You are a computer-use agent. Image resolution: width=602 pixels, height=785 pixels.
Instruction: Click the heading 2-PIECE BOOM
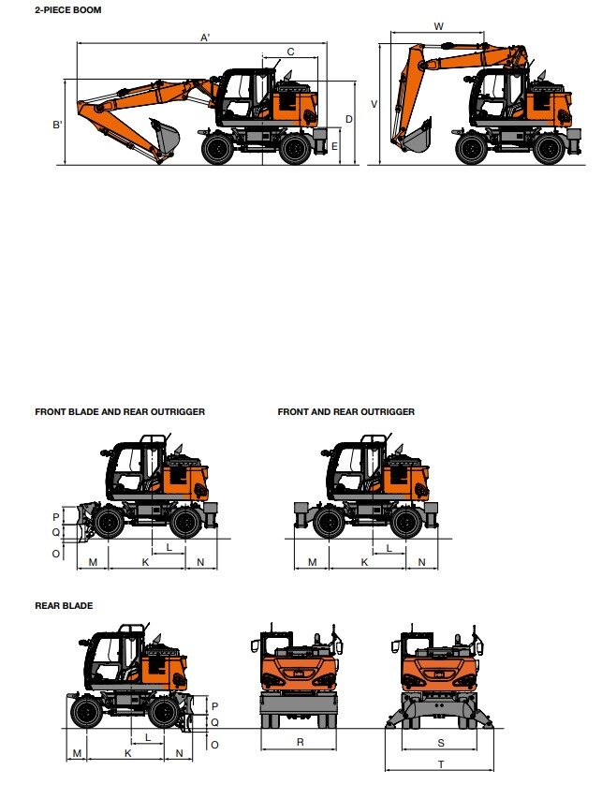pyautogui.click(x=68, y=9)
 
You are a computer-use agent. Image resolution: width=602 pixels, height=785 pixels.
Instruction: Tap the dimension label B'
pyautogui.click(x=58, y=124)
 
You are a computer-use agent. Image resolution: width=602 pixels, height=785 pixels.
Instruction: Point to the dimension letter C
pyautogui.click(x=290, y=52)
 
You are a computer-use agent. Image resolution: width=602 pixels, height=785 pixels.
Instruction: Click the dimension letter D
pyautogui.click(x=349, y=119)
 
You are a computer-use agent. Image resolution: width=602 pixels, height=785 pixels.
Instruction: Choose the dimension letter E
pyautogui.click(x=334, y=146)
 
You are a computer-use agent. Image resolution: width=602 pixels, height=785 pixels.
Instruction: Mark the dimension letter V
pyautogui.click(x=374, y=104)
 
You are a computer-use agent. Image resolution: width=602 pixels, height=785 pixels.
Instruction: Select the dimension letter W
pyautogui.click(x=438, y=26)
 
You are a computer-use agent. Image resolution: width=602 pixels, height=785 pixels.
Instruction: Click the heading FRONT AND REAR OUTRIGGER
pyautogui.click(x=345, y=411)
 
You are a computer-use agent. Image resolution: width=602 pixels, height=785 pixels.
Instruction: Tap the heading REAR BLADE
pyautogui.click(x=64, y=606)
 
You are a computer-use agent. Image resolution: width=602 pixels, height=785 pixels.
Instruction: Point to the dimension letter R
pyautogui.click(x=300, y=741)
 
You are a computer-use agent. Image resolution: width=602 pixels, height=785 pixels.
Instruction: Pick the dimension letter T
pyautogui.click(x=441, y=764)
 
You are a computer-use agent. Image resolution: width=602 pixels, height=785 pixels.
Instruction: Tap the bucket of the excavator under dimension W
pyautogui.click(x=413, y=138)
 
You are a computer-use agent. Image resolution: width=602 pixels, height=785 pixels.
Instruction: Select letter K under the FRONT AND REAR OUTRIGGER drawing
pyautogui.click(x=364, y=561)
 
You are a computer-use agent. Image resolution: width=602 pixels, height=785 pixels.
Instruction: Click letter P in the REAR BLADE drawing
pyautogui.click(x=214, y=705)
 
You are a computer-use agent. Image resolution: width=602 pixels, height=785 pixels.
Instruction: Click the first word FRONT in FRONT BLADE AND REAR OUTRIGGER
pyautogui.click(x=51, y=411)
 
